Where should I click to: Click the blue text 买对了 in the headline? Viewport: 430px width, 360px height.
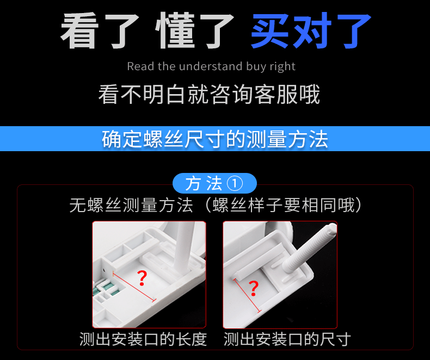311,31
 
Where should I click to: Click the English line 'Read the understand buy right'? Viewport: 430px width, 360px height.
211,66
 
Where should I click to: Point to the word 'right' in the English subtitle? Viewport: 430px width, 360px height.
282,66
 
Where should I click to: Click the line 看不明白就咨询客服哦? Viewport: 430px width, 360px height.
209,95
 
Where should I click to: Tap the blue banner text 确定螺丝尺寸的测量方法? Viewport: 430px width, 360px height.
215,139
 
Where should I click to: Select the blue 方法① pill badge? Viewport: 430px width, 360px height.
214,183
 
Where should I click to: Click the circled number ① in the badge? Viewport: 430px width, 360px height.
234,183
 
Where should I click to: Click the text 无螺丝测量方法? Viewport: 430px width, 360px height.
131,206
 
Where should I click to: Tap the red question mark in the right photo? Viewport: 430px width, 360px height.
253,289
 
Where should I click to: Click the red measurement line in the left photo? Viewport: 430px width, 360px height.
134,287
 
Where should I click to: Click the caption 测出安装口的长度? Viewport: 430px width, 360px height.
143,339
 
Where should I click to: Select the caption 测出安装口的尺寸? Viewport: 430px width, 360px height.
287,339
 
